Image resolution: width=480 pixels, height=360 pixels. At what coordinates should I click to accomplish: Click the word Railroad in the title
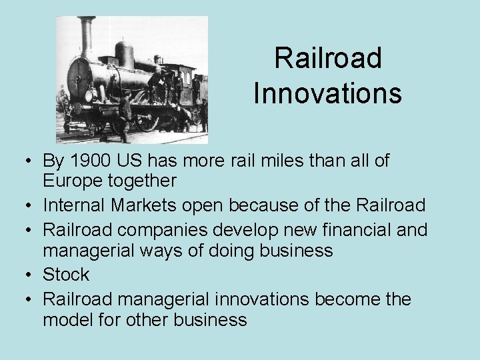pos(327,58)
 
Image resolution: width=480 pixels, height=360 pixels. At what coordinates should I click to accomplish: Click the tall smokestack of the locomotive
pos(86,37)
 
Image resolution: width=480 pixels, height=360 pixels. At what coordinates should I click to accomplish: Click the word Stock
pos(66,274)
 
